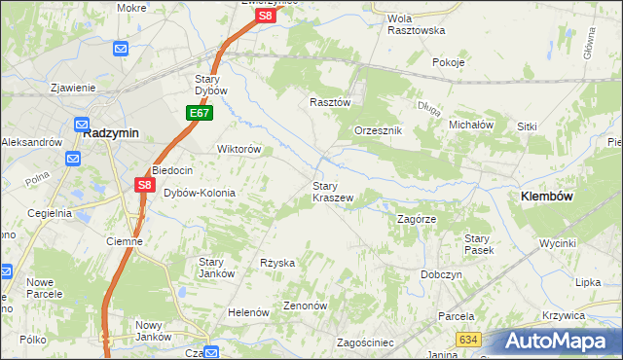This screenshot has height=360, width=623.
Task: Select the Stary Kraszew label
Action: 332,191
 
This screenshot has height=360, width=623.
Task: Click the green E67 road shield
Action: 200,114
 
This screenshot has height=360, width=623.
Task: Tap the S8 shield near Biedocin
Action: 144,184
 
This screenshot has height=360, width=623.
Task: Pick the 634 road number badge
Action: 469,339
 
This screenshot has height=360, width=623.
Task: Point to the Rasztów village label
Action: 328,101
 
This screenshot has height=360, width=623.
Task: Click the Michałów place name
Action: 472,126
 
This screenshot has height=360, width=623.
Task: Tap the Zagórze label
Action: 416,220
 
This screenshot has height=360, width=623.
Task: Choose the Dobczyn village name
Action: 441,274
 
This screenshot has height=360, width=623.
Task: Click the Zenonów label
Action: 305,305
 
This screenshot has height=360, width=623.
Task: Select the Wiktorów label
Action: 238,150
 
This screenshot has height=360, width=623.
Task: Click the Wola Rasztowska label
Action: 416,24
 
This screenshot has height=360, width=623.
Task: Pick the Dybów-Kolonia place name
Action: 200,193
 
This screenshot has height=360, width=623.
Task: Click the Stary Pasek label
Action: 478,244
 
